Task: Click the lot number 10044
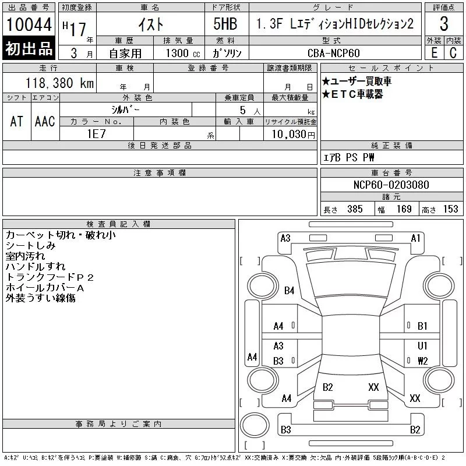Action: [29, 24]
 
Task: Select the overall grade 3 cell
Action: [444, 24]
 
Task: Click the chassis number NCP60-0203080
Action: [391, 185]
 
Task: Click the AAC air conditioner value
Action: [44, 121]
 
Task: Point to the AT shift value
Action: [16, 121]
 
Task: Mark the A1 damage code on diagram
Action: [415, 238]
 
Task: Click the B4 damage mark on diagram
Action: [289, 291]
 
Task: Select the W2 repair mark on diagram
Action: [422, 361]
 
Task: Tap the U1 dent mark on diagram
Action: [422, 346]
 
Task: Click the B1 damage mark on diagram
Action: [422, 326]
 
